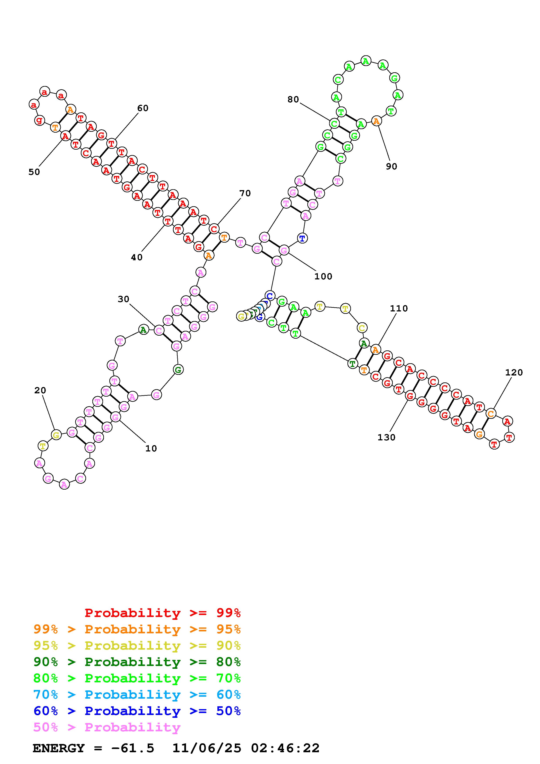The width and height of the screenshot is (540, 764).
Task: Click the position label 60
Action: (x=143, y=108)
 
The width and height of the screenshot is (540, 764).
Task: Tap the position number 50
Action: (x=34, y=172)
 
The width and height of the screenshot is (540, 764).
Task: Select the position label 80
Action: (x=293, y=100)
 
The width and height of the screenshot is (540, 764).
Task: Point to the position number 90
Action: (x=392, y=166)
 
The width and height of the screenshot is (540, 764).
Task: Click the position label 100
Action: (x=323, y=277)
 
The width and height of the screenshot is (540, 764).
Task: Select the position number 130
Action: (x=386, y=437)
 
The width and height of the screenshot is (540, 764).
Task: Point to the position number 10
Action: (x=151, y=449)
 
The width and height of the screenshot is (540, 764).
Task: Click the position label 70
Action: (x=245, y=193)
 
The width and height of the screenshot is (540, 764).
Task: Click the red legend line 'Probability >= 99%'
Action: (x=163, y=613)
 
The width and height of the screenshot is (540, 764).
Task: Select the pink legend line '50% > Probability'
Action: (x=107, y=727)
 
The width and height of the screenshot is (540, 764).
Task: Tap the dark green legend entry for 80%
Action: (x=137, y=662)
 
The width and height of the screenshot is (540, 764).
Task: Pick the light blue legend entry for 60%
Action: (x=137, y=695)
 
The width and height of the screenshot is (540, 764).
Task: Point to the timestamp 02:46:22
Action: (x=285, y=748)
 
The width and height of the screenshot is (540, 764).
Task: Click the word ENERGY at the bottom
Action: (x=59, y=748)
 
